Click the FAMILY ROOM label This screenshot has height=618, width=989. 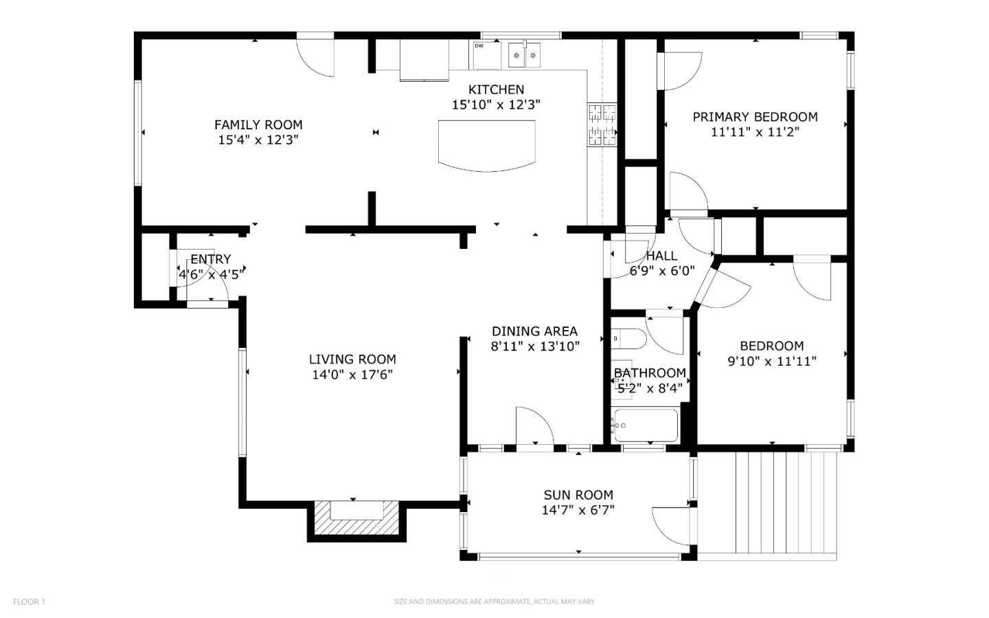point(258,124)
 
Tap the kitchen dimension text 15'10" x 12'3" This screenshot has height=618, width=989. point(496,105)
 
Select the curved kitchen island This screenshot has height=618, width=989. point(486,144)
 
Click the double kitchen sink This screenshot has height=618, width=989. point(524,55)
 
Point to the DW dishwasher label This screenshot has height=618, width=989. point(479,46)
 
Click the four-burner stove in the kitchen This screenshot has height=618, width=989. point(602,124)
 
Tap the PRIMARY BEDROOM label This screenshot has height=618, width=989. point(755,117)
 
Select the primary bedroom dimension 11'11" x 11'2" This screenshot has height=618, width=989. point(755,132)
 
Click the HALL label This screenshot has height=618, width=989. point(661,256)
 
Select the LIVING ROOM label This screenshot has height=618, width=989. point(352,359)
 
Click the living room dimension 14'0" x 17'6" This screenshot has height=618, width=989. point(352,375)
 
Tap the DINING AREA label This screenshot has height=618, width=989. point(534,331)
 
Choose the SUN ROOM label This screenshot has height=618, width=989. point(578,495)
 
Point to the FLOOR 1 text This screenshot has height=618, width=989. point(29,602)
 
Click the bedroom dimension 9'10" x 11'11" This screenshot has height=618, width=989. point(771,362)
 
